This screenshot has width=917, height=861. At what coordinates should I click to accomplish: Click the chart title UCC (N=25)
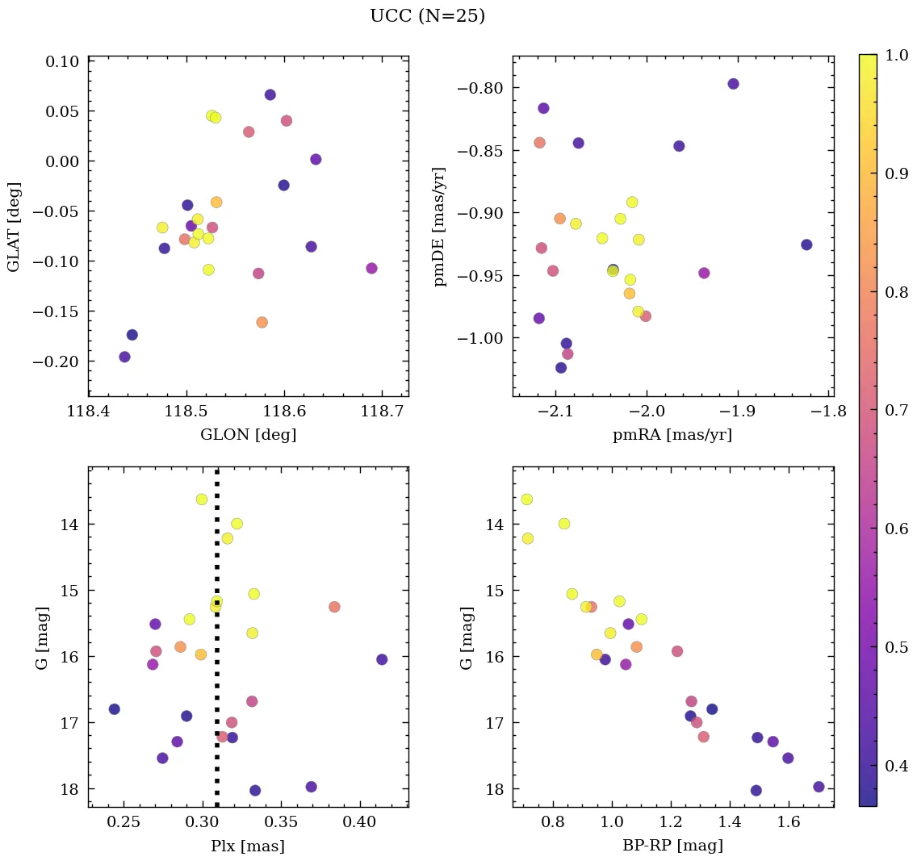427,16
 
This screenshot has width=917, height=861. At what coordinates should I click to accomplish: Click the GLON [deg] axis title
248,435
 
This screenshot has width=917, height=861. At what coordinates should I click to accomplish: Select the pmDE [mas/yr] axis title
440,226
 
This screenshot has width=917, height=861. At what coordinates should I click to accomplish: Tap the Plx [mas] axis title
248,846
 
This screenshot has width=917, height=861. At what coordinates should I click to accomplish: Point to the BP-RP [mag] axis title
672,846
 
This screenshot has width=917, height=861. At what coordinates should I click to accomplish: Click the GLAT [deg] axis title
15,226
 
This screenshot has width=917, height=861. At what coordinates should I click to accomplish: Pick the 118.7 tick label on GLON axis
382,413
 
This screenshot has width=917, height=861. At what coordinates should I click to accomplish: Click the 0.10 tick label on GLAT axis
61,61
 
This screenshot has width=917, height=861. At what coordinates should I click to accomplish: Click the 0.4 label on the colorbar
896,765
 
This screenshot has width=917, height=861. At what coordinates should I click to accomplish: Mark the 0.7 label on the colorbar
896,410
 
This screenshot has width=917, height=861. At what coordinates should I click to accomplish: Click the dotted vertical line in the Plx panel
217,686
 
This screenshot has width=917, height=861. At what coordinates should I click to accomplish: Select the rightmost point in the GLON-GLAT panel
371,268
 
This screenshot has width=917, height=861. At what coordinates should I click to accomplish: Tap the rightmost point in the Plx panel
382,659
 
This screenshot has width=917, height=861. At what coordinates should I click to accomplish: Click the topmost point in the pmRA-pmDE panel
733,84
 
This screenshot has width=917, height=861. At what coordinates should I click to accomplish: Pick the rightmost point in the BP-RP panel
819,787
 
